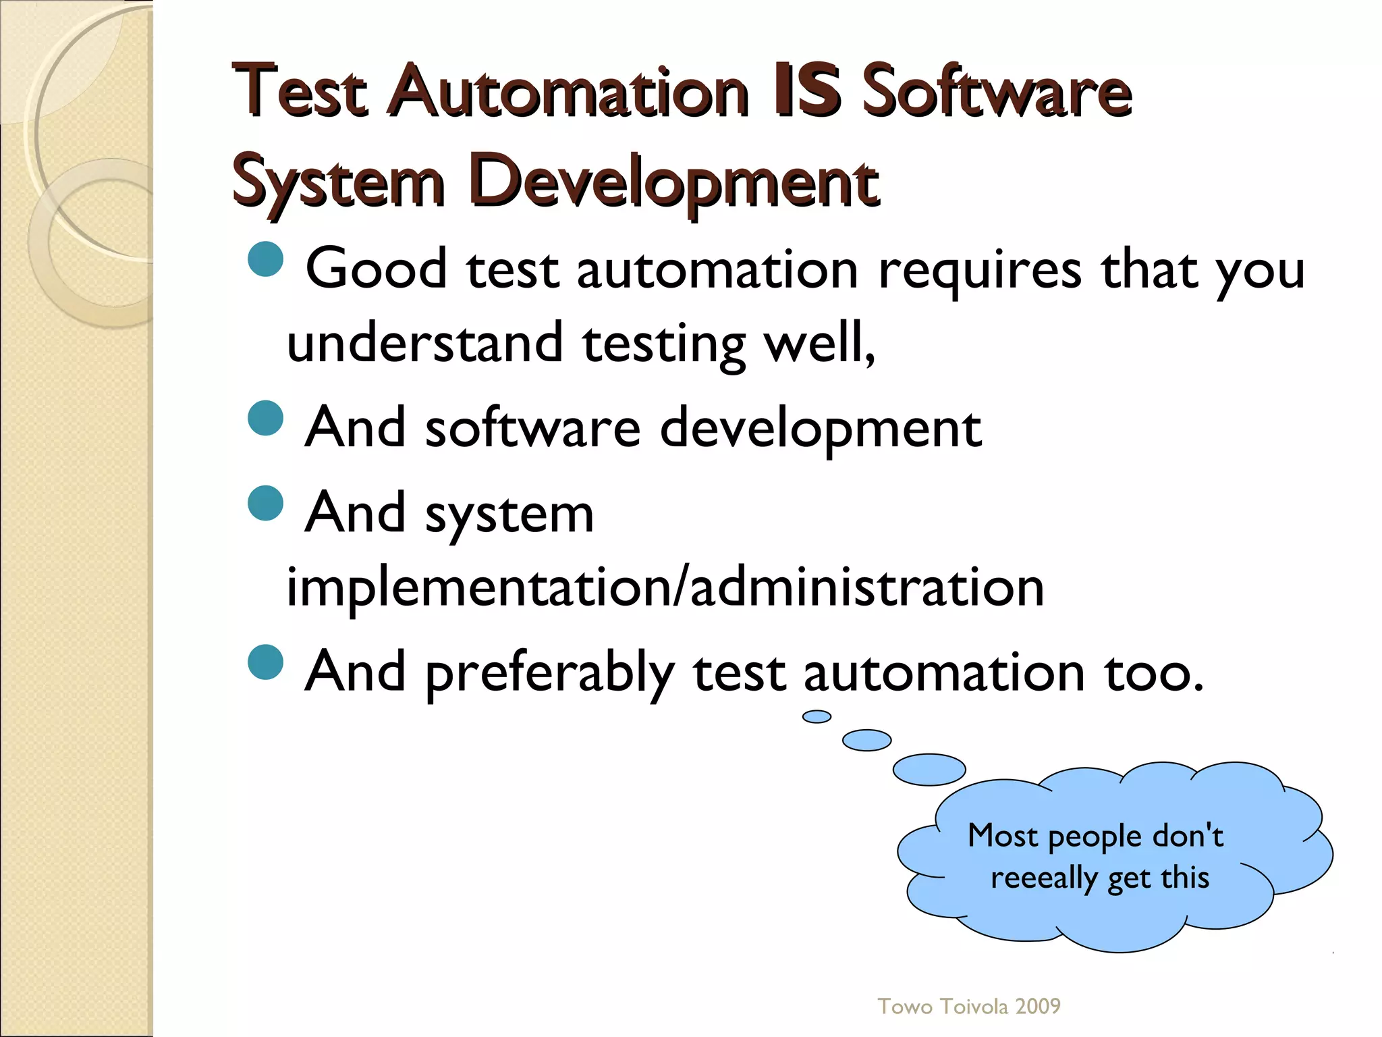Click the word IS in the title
pos(807,90)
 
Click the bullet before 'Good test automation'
pos(265,259)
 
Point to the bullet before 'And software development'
pos(265,418)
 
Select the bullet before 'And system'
pos(265,503)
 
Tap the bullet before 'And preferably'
pos(265,662)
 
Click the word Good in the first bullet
pos(376,269)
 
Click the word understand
pos(425,342)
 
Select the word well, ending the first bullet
pos(819,342)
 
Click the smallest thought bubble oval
pos(817,716)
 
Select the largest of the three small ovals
pos(929,770)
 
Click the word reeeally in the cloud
pos(1044,878)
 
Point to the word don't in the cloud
pos(1188,836)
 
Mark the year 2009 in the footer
pos(1038,1007)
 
